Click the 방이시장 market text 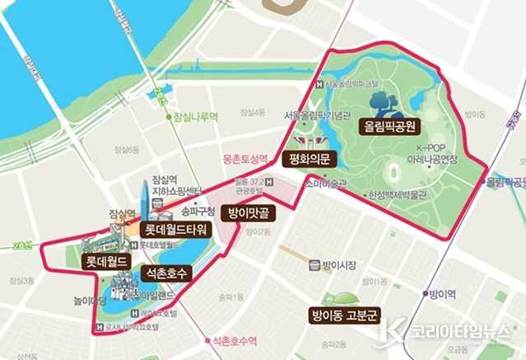[x=337, y=265]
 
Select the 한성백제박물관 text [x=398, y=195]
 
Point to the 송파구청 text [x=198, y=211]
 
